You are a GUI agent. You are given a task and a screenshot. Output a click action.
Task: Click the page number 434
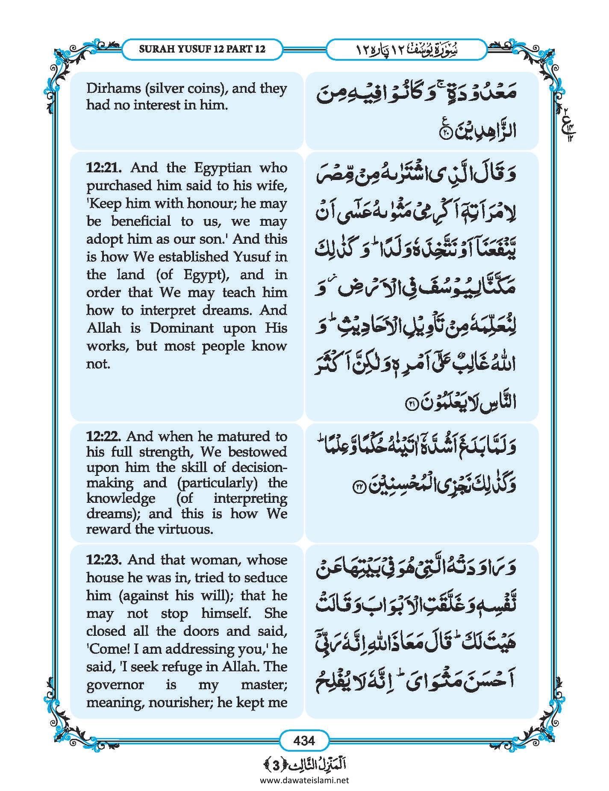304,740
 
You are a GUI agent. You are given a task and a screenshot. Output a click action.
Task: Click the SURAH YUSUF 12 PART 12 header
202,49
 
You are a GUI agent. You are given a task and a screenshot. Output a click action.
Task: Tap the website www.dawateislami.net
304,780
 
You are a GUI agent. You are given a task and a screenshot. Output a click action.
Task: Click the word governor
115,685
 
